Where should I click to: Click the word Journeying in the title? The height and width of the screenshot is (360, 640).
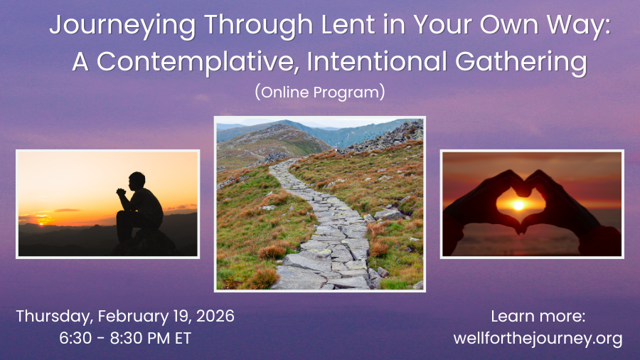tap(123, 26)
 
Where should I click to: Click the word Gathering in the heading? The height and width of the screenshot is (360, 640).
tap(521, 63)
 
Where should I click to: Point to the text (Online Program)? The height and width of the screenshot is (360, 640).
tap(320, 92)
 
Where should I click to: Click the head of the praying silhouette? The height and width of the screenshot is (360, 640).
tap(137, 181)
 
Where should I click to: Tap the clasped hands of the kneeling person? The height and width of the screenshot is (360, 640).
tap(121, 192)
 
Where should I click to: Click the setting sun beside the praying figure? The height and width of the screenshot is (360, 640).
tap(41, 223)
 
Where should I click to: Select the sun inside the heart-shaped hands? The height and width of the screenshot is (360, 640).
tap(519, 205)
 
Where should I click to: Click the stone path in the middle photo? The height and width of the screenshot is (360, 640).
tap(322, 233)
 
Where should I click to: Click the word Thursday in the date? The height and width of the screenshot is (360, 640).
tap(55, 317)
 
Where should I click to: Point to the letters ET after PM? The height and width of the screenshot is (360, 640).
tap(183, 339)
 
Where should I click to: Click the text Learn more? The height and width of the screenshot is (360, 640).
tap(538, 317)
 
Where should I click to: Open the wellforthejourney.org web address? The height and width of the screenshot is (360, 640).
tap(538, 339)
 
